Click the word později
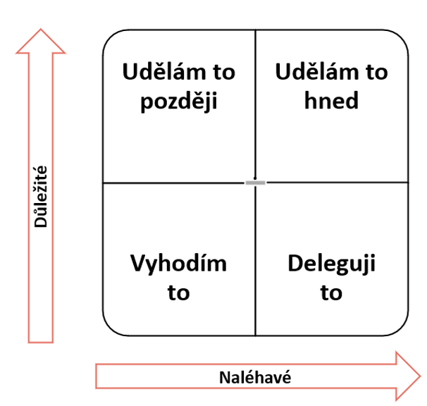coord(178,101)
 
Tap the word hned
coord(331,101)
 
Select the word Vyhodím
coord(178,264)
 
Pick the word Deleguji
coord(331,264)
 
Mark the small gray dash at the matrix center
coord(255,183)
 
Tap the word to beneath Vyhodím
coord(178,293)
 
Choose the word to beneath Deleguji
coord(331,293)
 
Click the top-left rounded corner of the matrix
coord(110,37)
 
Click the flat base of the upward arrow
coord(41,342)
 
